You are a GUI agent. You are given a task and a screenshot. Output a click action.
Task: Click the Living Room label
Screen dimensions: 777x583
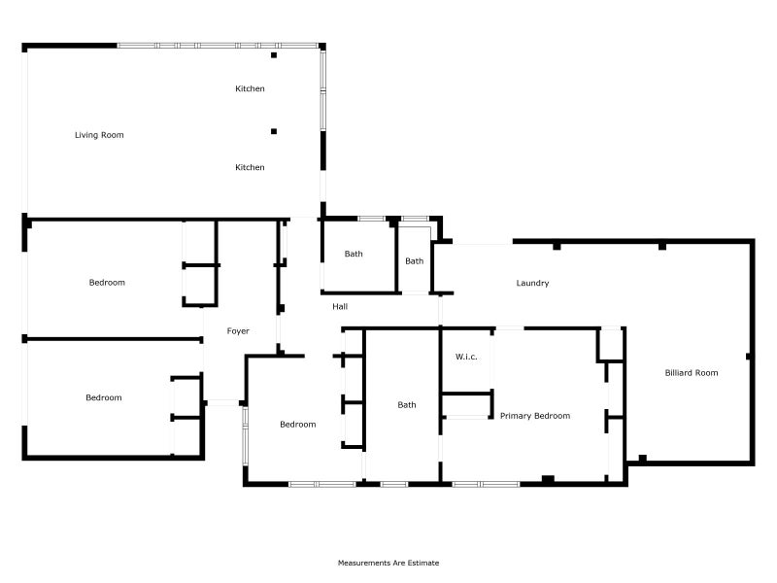(99, 135)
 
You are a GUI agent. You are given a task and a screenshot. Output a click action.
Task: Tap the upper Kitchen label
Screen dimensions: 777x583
(250, 88)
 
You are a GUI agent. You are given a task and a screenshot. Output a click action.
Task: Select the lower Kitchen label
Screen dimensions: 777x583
(250, 167)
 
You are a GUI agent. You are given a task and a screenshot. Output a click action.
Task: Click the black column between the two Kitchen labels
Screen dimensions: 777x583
(274, 131)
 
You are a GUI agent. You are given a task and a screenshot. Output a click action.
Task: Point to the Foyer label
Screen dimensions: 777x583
(238, 331)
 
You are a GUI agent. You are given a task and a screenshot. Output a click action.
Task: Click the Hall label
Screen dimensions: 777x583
(340, 307)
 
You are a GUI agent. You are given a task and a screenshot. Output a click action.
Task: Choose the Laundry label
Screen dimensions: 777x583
(532, 283)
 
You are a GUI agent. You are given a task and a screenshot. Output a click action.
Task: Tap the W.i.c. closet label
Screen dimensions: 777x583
(466, 357)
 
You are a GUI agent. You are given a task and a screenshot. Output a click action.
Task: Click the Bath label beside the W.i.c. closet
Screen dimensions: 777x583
(407, 405)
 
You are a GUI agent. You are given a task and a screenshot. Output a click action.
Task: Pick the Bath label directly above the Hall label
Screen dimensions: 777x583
(354, 254)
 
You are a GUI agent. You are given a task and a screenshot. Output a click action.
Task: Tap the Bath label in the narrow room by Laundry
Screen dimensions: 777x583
(415, 261)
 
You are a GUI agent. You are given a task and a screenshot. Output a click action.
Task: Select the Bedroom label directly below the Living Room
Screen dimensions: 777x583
(107, 283)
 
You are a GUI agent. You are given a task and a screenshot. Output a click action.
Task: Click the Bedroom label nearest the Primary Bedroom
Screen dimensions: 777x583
(298, 425)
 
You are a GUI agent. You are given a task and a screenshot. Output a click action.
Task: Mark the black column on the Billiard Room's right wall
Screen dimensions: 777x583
(749, 357)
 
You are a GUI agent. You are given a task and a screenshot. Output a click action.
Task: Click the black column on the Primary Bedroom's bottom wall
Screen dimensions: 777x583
(548, 479)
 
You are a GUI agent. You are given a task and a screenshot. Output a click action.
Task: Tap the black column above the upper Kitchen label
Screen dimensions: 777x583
(274, 55)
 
